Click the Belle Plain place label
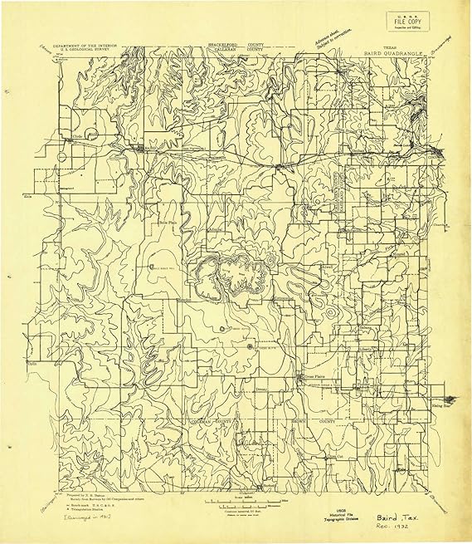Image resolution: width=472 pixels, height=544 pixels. (x=169, y=223)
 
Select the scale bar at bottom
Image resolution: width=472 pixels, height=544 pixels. (x=236, y=502)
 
